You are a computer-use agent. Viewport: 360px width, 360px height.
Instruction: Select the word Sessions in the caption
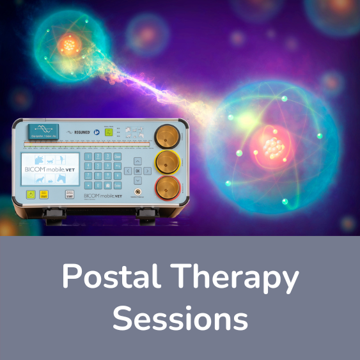point(180,317)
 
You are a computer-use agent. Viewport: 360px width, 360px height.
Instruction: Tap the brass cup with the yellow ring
point(168,162)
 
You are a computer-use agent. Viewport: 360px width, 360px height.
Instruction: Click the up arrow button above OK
point(137,160)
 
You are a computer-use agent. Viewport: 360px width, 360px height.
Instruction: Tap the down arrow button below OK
point(137,181)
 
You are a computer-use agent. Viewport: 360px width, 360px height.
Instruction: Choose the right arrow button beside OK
point(148,171)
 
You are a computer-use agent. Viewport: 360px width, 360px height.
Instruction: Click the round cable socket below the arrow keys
point(137,191)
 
